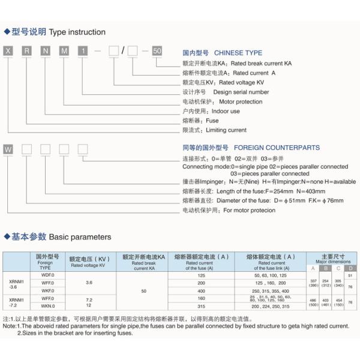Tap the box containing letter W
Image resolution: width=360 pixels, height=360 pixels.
click(x=8, y=148)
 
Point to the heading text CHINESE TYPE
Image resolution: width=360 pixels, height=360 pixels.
click(x=238, y=52)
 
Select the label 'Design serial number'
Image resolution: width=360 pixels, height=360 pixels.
click(x=241, y=92)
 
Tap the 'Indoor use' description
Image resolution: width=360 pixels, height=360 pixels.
click(x=226, y=111)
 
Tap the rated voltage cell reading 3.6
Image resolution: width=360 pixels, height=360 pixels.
click(x=89, y=282)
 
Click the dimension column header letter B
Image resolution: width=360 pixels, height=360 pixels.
click(x=326, y=268)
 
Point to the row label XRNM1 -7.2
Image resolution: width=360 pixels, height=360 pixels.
click(x=17, y=301)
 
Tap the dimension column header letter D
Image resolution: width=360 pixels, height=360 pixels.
click(x=351, y=268)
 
